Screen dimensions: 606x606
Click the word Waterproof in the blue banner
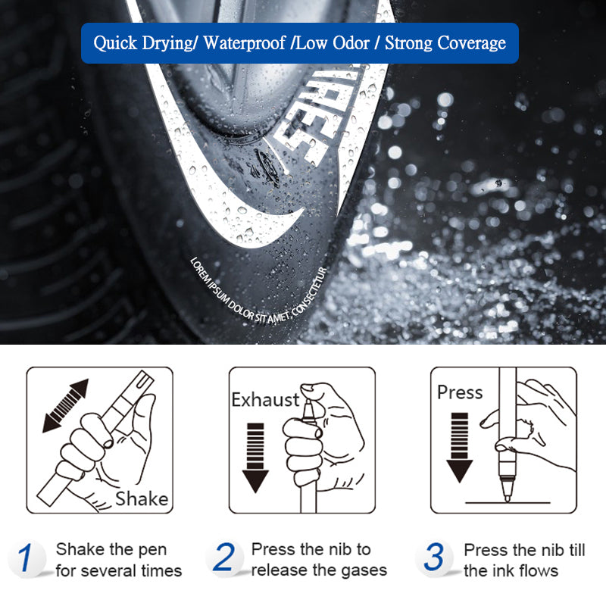(245, 42)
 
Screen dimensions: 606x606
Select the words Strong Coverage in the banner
(445, 42)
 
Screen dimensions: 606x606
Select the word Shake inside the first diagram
(142, 498)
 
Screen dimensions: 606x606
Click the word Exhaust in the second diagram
(265, 399)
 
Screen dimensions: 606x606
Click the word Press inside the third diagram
(460, 392)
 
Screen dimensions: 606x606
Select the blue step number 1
(26, 559)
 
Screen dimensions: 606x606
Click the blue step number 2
(224, 558)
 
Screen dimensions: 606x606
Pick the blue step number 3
(433, 558)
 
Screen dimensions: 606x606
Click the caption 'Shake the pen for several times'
(117, 560)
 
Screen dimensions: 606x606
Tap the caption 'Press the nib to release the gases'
(318, 559)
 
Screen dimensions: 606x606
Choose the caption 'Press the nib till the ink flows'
(523, 560)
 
